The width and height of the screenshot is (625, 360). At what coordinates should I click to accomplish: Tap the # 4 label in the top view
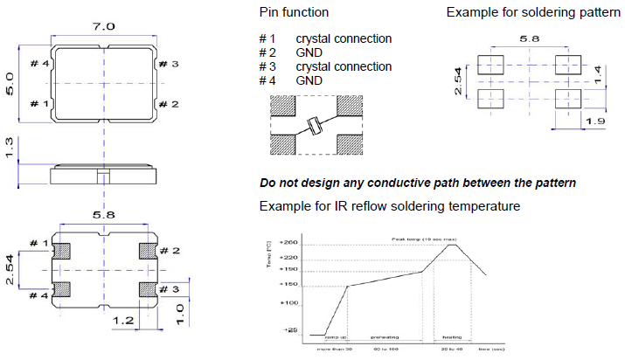(x=40, y=64)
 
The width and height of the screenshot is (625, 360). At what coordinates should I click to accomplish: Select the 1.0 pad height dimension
(x=178, y=309)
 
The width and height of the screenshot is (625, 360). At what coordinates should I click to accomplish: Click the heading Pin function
(x=294, y=12)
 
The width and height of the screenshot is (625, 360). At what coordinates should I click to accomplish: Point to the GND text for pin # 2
(x=309, y=52)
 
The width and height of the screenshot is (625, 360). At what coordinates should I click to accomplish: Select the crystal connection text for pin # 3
(x=344, y=66)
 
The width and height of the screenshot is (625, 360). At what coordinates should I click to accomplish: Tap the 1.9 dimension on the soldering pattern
(x=594, y=120)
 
